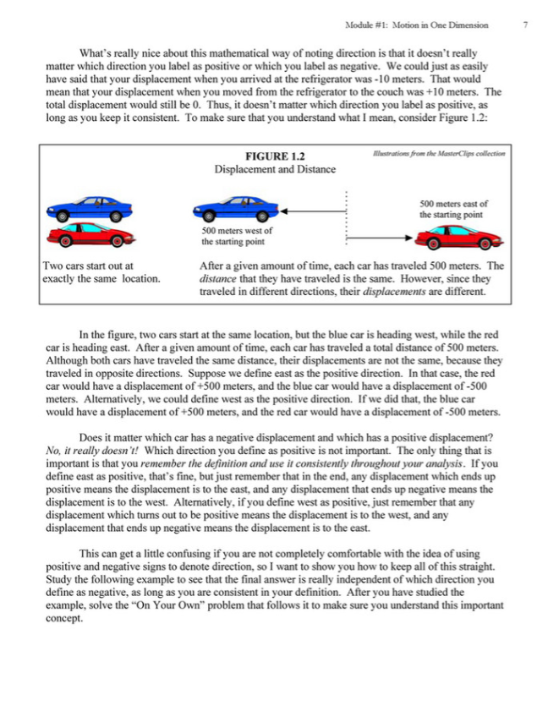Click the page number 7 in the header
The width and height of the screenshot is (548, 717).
[x=525, y=25]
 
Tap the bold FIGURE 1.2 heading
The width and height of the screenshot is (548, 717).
[x=275, y=156]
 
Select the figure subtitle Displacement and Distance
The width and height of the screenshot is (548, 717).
[x=275, y=169]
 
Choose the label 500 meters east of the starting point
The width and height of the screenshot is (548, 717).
[x=453, y=209]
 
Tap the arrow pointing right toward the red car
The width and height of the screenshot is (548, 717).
[x=381, y=240]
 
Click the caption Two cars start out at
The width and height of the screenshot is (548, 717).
[x=87, y=266]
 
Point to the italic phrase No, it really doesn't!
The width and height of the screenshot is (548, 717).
[x=92, y=451]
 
